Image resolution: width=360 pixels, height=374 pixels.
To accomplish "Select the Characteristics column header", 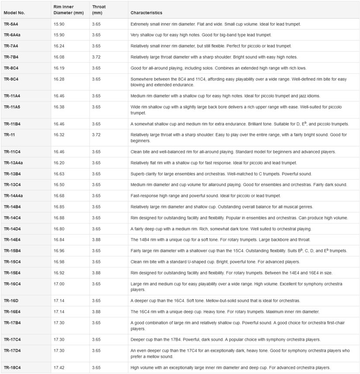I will pos(146,13).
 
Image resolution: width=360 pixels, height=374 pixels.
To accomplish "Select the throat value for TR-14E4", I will pos(97,240).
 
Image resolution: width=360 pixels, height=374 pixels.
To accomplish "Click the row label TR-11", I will pos(10,135).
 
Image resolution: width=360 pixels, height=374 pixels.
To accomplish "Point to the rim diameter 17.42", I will pos(59,367).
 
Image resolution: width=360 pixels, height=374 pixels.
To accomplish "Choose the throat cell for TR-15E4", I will pos(97,273).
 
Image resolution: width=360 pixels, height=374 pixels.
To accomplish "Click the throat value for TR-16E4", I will pos(97,312).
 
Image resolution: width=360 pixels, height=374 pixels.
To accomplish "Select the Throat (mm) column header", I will pos(99,10).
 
